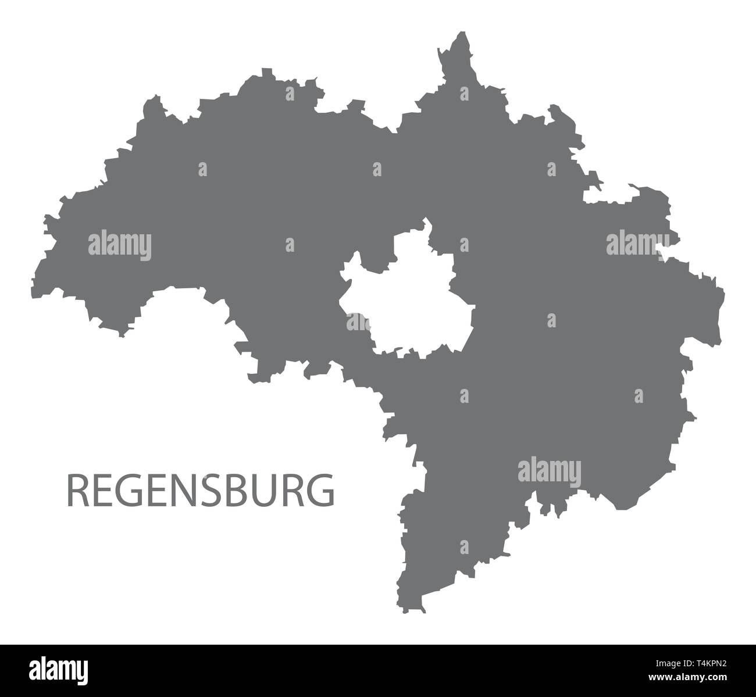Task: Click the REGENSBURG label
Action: tap(201, 489)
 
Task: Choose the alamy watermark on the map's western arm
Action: tap(120, 245)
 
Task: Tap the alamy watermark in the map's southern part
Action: tap(549, 470)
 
